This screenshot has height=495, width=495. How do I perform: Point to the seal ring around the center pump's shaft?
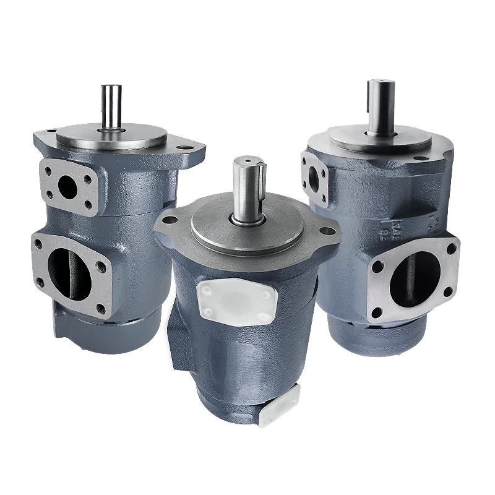click(x=247, y=218)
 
